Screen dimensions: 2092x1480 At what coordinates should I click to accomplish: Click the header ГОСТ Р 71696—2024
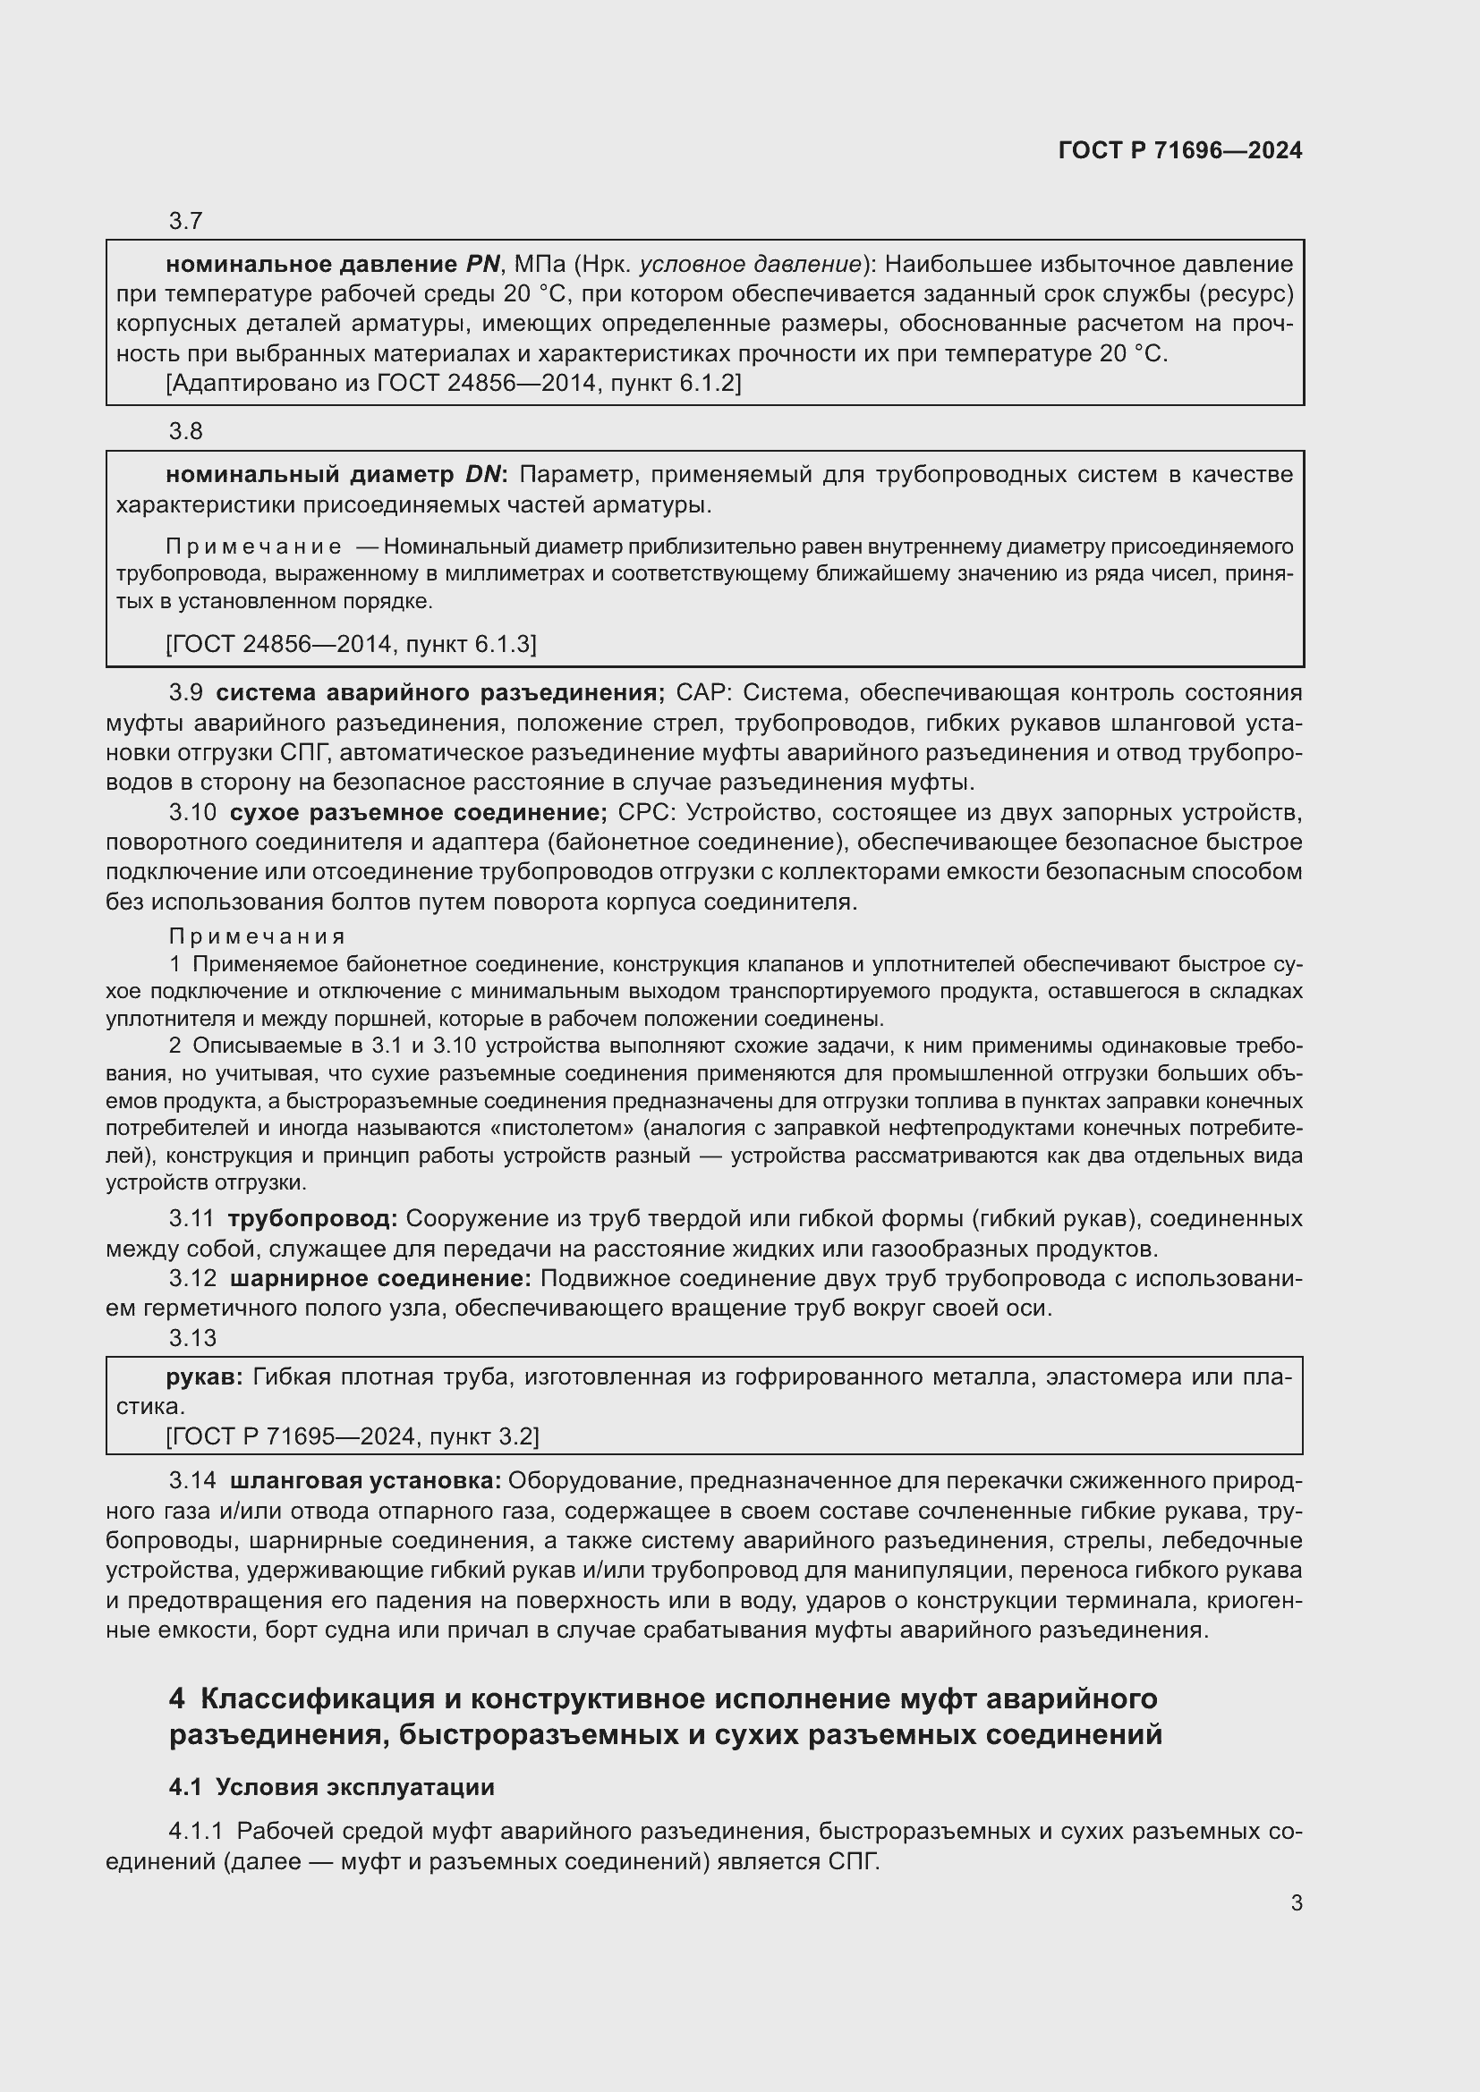1179,150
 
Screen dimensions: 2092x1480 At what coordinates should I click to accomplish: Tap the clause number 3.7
185,222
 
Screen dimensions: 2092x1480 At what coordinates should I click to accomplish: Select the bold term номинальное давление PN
333,264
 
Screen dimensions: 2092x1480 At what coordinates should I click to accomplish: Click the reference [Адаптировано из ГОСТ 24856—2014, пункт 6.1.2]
453,383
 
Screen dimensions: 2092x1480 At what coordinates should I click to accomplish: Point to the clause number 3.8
185,432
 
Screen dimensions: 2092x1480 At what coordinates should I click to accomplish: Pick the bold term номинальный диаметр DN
336,475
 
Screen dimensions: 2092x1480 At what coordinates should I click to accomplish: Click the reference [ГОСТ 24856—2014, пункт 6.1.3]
351,645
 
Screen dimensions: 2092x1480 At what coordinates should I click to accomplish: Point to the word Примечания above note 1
257,936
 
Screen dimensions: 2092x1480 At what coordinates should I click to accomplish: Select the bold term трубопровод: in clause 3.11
312,1219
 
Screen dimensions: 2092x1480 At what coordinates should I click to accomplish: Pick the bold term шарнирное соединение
380,1279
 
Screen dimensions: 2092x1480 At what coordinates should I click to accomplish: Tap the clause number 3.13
191,1337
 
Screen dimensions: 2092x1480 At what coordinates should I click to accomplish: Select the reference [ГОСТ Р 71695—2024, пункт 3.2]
352,1437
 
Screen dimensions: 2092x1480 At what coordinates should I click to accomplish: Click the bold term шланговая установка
364,1481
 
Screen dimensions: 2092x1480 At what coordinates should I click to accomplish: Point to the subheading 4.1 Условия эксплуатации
332,1788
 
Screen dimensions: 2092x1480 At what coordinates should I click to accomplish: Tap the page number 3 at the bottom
1296,1903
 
